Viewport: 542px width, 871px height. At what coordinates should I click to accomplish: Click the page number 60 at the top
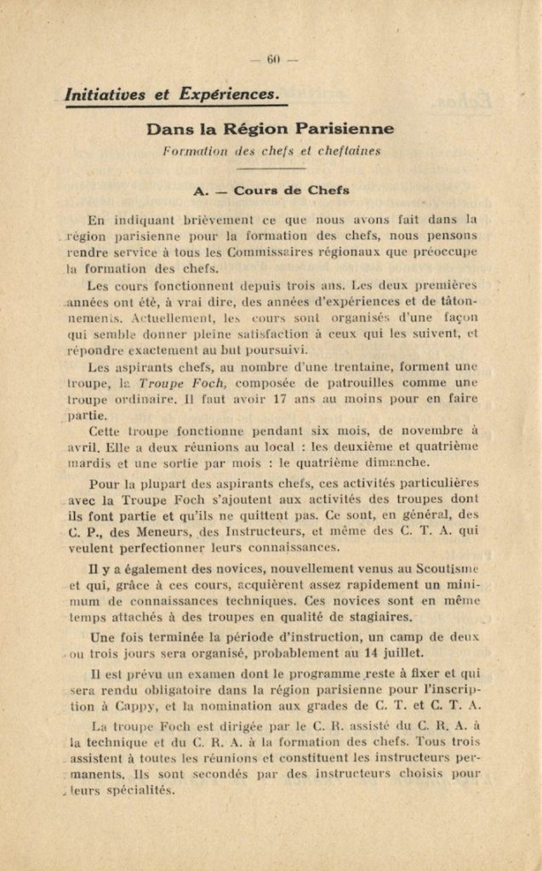tap(273, 59)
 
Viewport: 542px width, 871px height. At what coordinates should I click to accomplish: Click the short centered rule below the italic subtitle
tap(271, 168)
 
